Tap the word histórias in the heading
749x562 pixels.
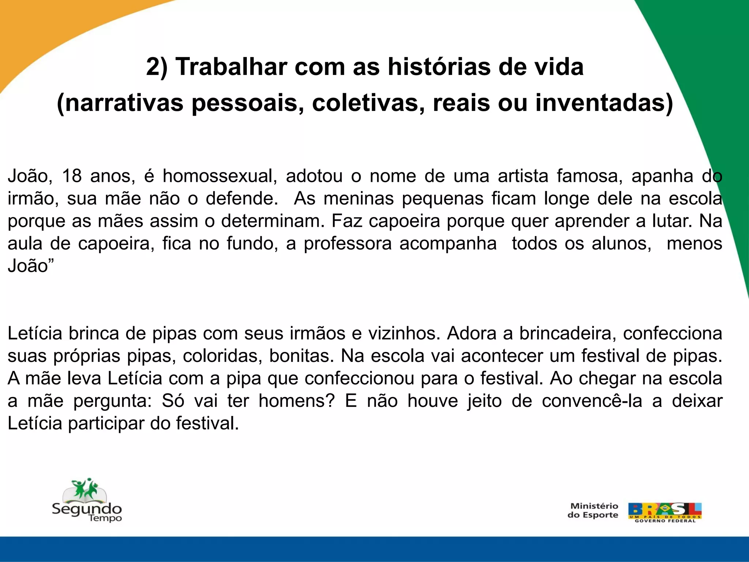[437, 67]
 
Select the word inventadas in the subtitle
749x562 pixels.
[604, 103]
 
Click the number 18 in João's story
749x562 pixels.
[72, 176]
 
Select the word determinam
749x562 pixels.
[273, 221]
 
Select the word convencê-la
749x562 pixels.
[592, 401]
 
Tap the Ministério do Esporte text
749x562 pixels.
[593, 510]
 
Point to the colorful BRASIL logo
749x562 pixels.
[665, 512]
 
